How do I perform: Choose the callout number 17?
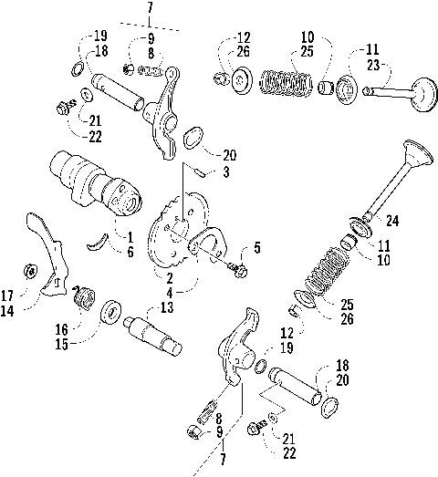pyautogui.click(x=8, y=294)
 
